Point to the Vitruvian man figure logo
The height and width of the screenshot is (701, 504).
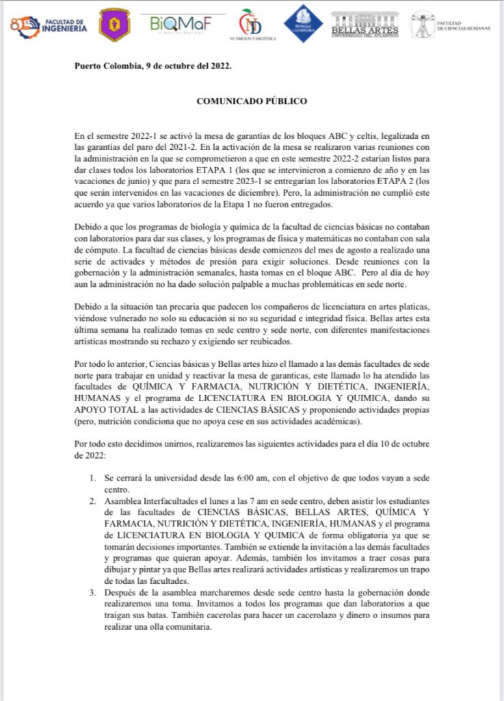[x=422, y=24]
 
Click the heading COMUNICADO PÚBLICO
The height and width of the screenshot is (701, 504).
[x=252, y=101]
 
